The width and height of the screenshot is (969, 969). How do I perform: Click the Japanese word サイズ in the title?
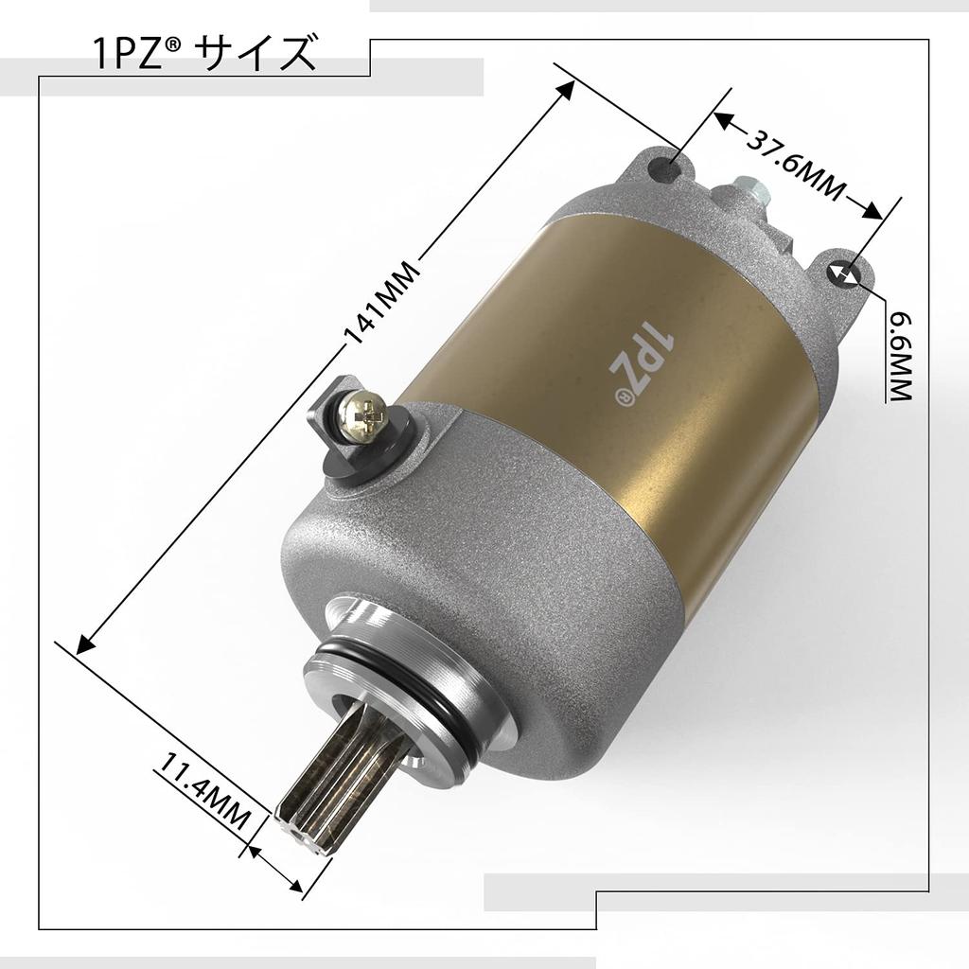[x=255, y=54]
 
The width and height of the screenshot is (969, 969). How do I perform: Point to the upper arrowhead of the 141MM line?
[x=568, y=87]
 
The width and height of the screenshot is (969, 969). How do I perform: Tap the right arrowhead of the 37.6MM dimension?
[x=875, y=209]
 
